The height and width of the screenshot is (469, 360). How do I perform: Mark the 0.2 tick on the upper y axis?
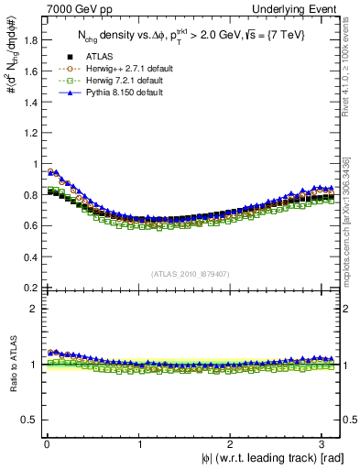click(x=28, y=288)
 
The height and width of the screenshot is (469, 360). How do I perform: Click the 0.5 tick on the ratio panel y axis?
click(x=28, y=420)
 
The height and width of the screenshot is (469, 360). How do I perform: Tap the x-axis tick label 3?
click(x=325, y=446)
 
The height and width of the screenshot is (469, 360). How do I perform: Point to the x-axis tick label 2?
click(x=232, y=446)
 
